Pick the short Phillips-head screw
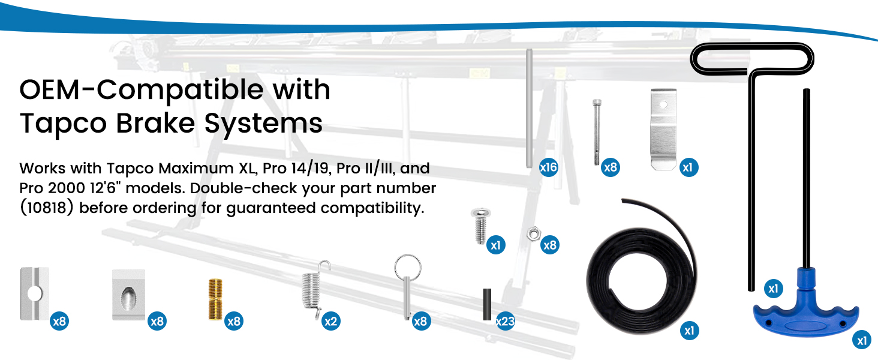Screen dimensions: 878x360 coord(479,226)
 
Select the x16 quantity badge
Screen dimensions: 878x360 coord(548,167)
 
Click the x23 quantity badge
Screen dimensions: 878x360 coord(505,322)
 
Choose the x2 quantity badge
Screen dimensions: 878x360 coord(330,322)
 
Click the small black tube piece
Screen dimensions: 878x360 coord(487,304)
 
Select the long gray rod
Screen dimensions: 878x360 coord(530,108)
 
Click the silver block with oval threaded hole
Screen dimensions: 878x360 coord(129,295)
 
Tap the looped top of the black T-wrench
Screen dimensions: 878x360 coord(752,58)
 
